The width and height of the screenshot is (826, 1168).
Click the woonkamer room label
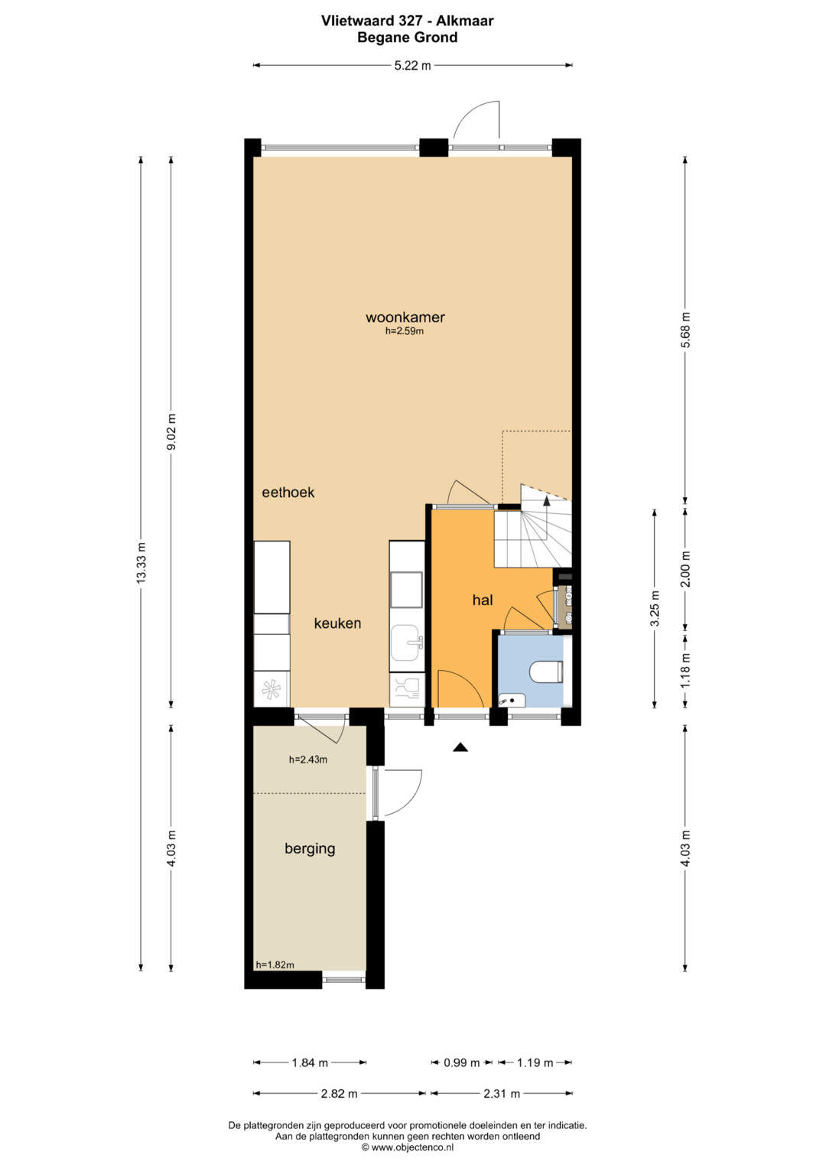tap(405, 317)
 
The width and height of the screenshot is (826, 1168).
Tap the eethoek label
tap(288, 493)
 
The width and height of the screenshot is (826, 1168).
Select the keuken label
tap(337, 623)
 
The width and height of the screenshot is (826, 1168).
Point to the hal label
tap(483, 600)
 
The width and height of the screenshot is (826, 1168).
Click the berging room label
tap(310, 849)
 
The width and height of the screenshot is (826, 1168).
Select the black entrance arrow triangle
tap(460, 748)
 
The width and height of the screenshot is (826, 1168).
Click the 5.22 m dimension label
tap(412, 66)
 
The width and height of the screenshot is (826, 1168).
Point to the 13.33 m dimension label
tap(141, 564)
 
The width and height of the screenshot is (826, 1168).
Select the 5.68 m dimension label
tap(686, 330)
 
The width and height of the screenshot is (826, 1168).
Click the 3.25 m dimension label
tap(655, 608)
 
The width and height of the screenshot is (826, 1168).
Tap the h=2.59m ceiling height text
tap(404, 330)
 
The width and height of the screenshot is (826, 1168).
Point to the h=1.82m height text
tap(275, 965)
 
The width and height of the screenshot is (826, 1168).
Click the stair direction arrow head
tap(547, 501)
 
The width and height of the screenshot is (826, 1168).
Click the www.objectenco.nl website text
tap(412, 1147)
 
